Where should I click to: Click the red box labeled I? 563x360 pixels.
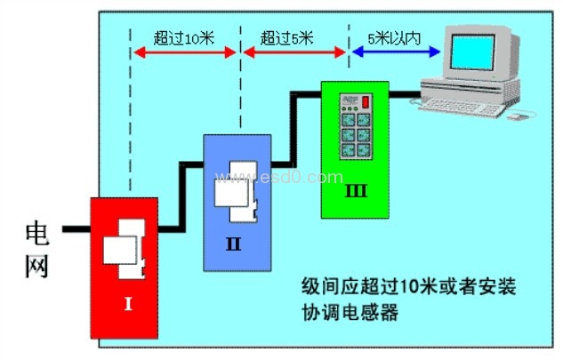point(125,267)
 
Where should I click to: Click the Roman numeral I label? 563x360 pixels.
point(128,304)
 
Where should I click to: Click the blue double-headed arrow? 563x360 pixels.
point(397,52)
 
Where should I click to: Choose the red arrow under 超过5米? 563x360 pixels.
point(294,52)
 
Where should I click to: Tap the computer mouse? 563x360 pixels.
point(522,114)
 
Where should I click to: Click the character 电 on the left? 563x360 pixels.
point(36,234)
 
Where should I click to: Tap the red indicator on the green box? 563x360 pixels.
point(365,101)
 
